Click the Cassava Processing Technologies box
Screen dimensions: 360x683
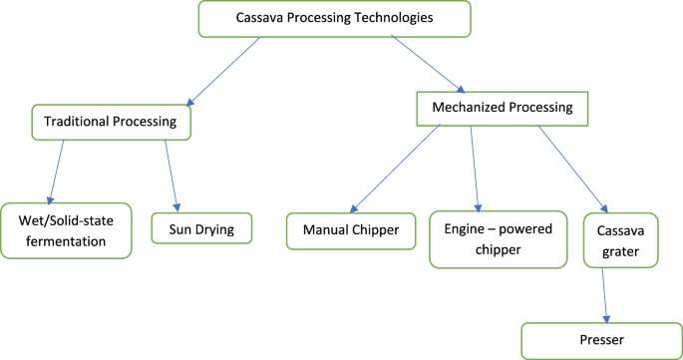tap(334, 18)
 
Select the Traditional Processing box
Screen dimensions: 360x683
tap(111, 122)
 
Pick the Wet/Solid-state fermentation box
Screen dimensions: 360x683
tap(67, 229)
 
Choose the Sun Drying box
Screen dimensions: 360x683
tap(202, 229)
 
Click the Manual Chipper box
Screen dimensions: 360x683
tap(350, 230)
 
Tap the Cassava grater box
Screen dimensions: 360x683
tap(620, 239)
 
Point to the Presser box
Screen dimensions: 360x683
tap(601, 341)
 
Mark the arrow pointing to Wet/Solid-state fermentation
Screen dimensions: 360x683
tap(57, 170)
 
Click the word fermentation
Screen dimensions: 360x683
tap(67, 240)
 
